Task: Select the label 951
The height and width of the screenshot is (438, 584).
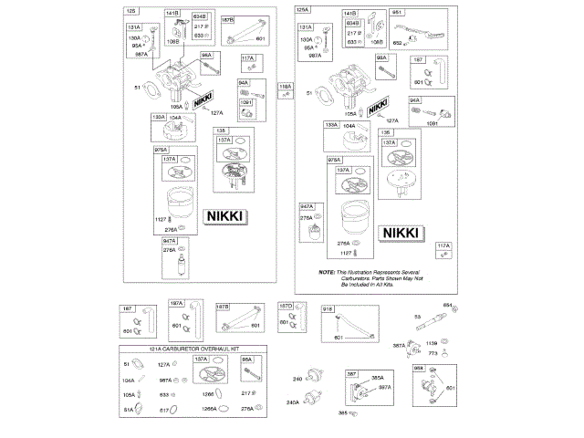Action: pyautogui.click(x=398, y=13)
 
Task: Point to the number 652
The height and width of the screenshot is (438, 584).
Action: pyautogui.click(x=398, y=43)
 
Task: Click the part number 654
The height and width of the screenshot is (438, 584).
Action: pyautogui.click(x=448, y=304)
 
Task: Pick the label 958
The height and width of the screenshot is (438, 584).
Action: pyautogui.click(x=419, y=367)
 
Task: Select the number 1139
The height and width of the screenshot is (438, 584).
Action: pyautogui.click(x=432, y=343)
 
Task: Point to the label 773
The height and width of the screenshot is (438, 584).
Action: pyautogui.click(x=433, y=352)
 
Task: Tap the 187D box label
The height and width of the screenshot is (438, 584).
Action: pyautogui.click(x=285, y=305)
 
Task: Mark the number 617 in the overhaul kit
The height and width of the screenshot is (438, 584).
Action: pyautogui.click(x=165, y=410)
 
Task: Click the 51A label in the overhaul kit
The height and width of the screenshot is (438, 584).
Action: pyautogui.click(x=129, y=410)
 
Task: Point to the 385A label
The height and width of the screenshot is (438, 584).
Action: pyautogui.click(x=376, y=378)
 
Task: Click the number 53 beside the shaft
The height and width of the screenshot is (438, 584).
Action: pyautogui.click(x=418, y=317)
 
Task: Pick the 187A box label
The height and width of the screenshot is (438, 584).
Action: pyautogui.click(x=176, y=304)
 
